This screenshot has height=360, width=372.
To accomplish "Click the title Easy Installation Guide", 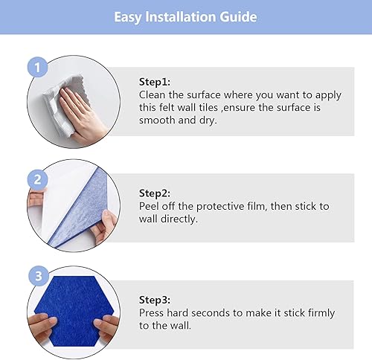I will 186,16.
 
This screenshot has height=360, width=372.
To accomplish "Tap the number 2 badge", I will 38,179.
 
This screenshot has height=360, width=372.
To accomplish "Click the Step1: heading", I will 155,83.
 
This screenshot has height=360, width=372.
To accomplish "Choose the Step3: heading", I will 155,300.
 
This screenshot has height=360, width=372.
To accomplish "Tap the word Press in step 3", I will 154,313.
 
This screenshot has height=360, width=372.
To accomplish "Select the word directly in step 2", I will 184,219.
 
